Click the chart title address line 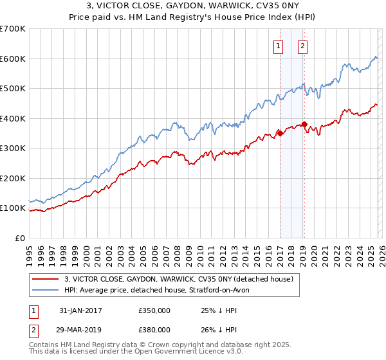(x=193, y=6)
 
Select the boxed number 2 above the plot (x=302, y=46)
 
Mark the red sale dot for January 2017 (x=280, y=133)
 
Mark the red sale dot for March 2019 (x=304, y=125)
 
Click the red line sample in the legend (x=46, y=279)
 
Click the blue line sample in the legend (x=46, y=291)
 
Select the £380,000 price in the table (x=154, y=329)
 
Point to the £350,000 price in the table (x=154, y=310)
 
